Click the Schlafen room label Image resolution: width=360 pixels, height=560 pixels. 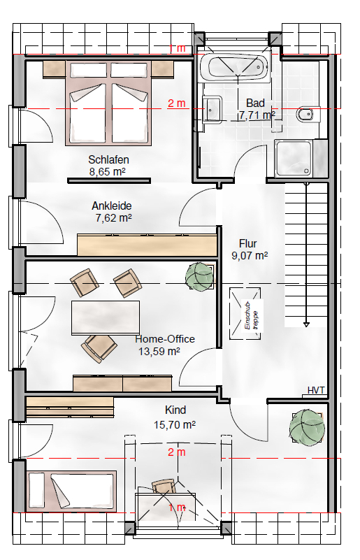point(108,159)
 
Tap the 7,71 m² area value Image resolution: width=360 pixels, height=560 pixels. point(257,115)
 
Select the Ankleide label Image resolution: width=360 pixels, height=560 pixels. point(111,206)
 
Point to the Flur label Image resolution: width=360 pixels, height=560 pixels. point(248,243)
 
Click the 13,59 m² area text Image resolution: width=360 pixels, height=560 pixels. point(159,352)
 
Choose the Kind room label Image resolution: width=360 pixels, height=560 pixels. point(175,410)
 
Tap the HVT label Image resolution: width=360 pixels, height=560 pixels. point(316,390)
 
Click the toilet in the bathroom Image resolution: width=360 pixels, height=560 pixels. point(308,114)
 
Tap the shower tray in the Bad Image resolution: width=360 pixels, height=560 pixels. point(294,158)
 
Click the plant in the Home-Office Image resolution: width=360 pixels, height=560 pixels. point(200,275)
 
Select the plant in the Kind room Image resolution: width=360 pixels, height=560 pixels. point(307,426)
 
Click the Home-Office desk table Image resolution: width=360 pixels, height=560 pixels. point(106,318)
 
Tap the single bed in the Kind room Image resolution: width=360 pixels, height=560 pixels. point(72,490)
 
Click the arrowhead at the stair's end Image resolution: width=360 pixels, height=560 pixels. point(306,324)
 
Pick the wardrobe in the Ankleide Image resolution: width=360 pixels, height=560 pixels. point(147,245)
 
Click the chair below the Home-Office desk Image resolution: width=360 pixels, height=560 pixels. point(99,348)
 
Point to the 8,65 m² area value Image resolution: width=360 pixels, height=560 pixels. point(107,172)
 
